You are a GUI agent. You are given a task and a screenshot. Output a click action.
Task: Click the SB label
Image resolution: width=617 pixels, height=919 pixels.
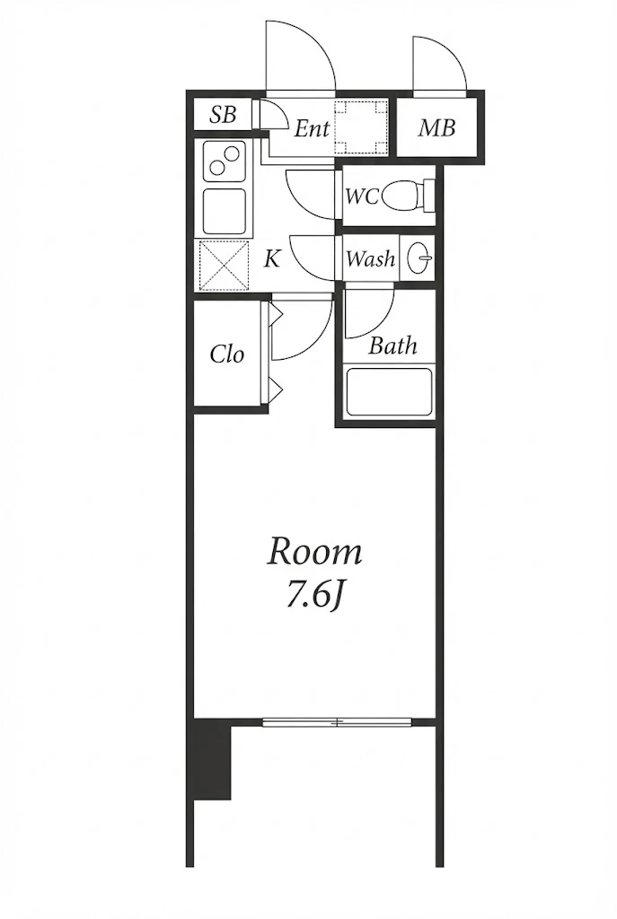(223, 115)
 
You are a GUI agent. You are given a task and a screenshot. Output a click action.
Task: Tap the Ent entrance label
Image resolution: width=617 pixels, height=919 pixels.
(312, 128)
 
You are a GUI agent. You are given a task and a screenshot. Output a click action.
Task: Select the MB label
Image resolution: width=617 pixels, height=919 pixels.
(437, 127)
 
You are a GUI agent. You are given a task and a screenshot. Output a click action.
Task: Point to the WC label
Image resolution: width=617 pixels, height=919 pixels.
(362, 197)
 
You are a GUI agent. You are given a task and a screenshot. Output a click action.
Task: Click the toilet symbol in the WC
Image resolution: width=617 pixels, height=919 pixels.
(409, 196)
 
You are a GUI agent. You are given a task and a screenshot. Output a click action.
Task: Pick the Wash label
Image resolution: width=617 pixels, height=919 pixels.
(370, 258)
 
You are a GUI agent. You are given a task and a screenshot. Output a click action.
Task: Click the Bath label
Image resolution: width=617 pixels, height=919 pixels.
(392, 346)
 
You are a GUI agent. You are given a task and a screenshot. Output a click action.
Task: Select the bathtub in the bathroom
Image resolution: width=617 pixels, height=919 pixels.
(389, 392)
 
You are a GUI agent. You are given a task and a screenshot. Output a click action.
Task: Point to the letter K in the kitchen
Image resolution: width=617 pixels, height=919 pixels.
(271, 258)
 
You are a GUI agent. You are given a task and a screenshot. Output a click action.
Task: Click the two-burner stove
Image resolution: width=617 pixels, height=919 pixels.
(224, 162)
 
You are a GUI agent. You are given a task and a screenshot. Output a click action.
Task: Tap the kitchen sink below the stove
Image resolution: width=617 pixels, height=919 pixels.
(224, 212)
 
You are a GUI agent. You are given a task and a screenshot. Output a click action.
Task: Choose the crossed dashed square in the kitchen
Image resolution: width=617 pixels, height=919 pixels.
(224, 266)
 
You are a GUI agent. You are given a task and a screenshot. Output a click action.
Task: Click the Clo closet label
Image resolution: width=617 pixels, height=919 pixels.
(226, 354)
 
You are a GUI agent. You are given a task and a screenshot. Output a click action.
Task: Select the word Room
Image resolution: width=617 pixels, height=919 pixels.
(314, 552)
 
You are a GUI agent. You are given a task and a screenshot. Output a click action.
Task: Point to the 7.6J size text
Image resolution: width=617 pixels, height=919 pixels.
(314, 597)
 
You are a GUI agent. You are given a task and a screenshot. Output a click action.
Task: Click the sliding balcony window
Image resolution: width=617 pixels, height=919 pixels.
(337, 722)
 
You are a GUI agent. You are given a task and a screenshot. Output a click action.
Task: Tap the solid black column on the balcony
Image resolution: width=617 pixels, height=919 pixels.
(212, 758)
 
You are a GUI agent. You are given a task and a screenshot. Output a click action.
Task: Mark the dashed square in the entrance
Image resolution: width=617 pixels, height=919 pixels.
(361, 127)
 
